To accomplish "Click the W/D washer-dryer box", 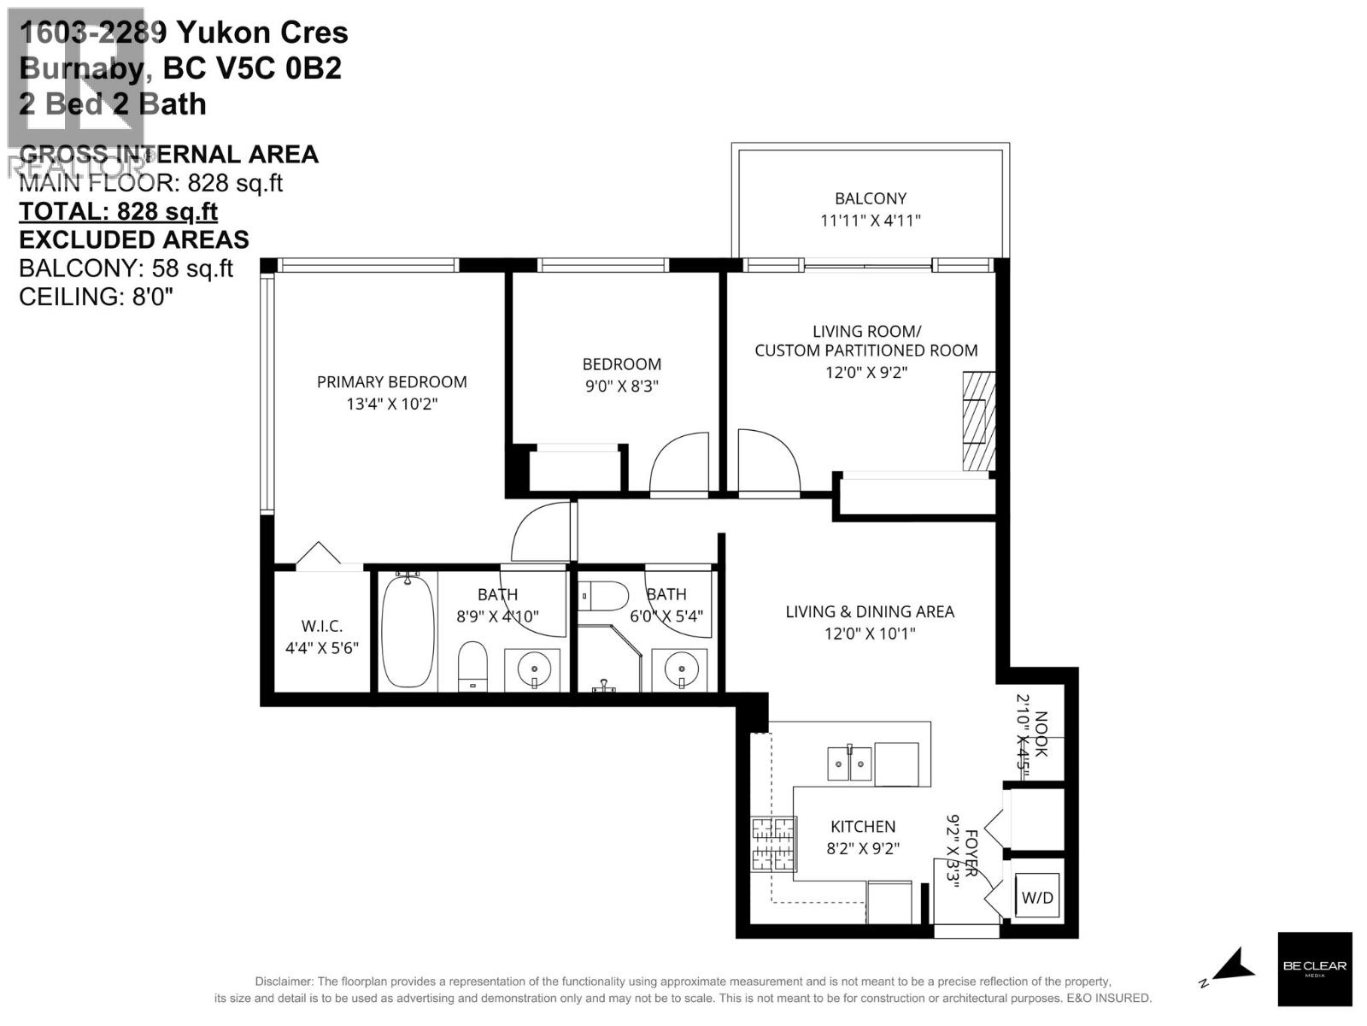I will point(1038,896).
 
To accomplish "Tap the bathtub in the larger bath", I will point(408,632).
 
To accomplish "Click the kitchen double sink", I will point(849,764).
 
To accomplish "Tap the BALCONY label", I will point(871,198).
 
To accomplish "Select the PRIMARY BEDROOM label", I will point(391,382).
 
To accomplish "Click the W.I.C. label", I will point(321,626).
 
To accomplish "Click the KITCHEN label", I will point(863,827).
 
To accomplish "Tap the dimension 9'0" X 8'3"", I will point(621,386).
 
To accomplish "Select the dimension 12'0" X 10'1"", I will point(870,634).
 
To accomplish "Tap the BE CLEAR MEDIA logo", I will point(1314,969).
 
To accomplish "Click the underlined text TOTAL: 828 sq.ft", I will point(118,211).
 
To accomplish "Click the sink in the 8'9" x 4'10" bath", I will point(533,668).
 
